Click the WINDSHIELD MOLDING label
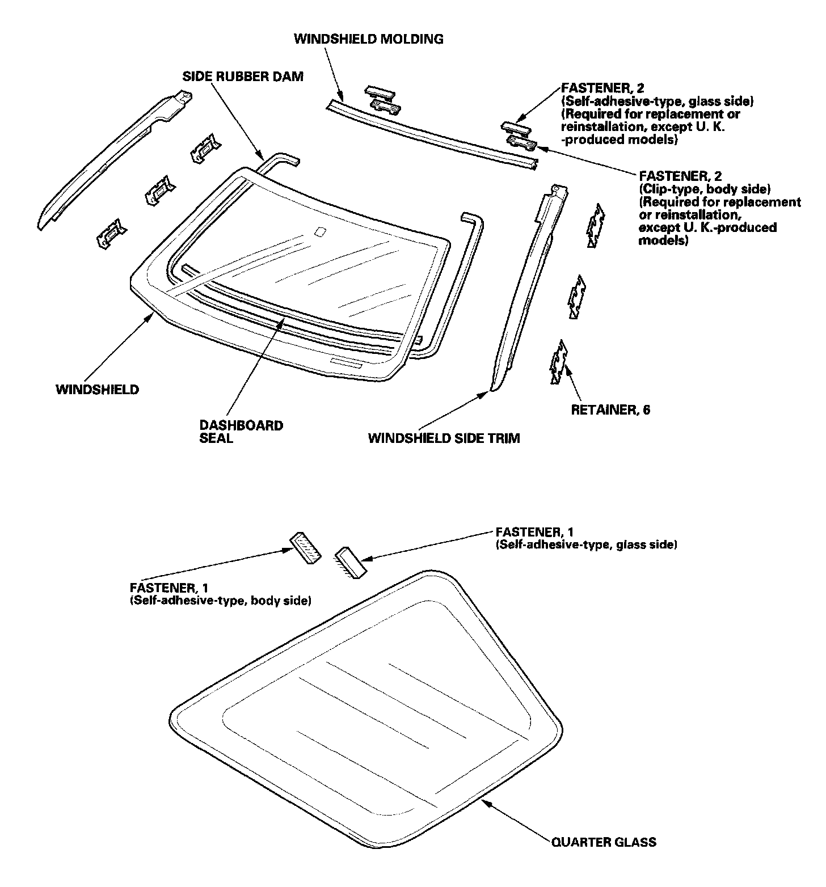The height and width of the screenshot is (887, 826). click(369, 39)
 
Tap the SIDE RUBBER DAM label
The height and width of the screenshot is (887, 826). click(243, 77)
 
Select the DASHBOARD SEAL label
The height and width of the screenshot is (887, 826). click(241, 432)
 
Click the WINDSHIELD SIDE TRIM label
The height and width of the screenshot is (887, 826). click(444, 438)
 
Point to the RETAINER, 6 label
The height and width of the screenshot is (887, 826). click(610, 410)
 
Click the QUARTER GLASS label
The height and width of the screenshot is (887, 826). click(604, 842)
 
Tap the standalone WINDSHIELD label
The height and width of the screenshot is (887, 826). click(97, 390)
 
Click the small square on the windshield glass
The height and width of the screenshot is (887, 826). click(320, 231)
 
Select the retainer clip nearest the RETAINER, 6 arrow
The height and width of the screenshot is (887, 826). click(558, 362)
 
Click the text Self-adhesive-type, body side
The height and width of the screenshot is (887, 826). click(221, 601)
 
